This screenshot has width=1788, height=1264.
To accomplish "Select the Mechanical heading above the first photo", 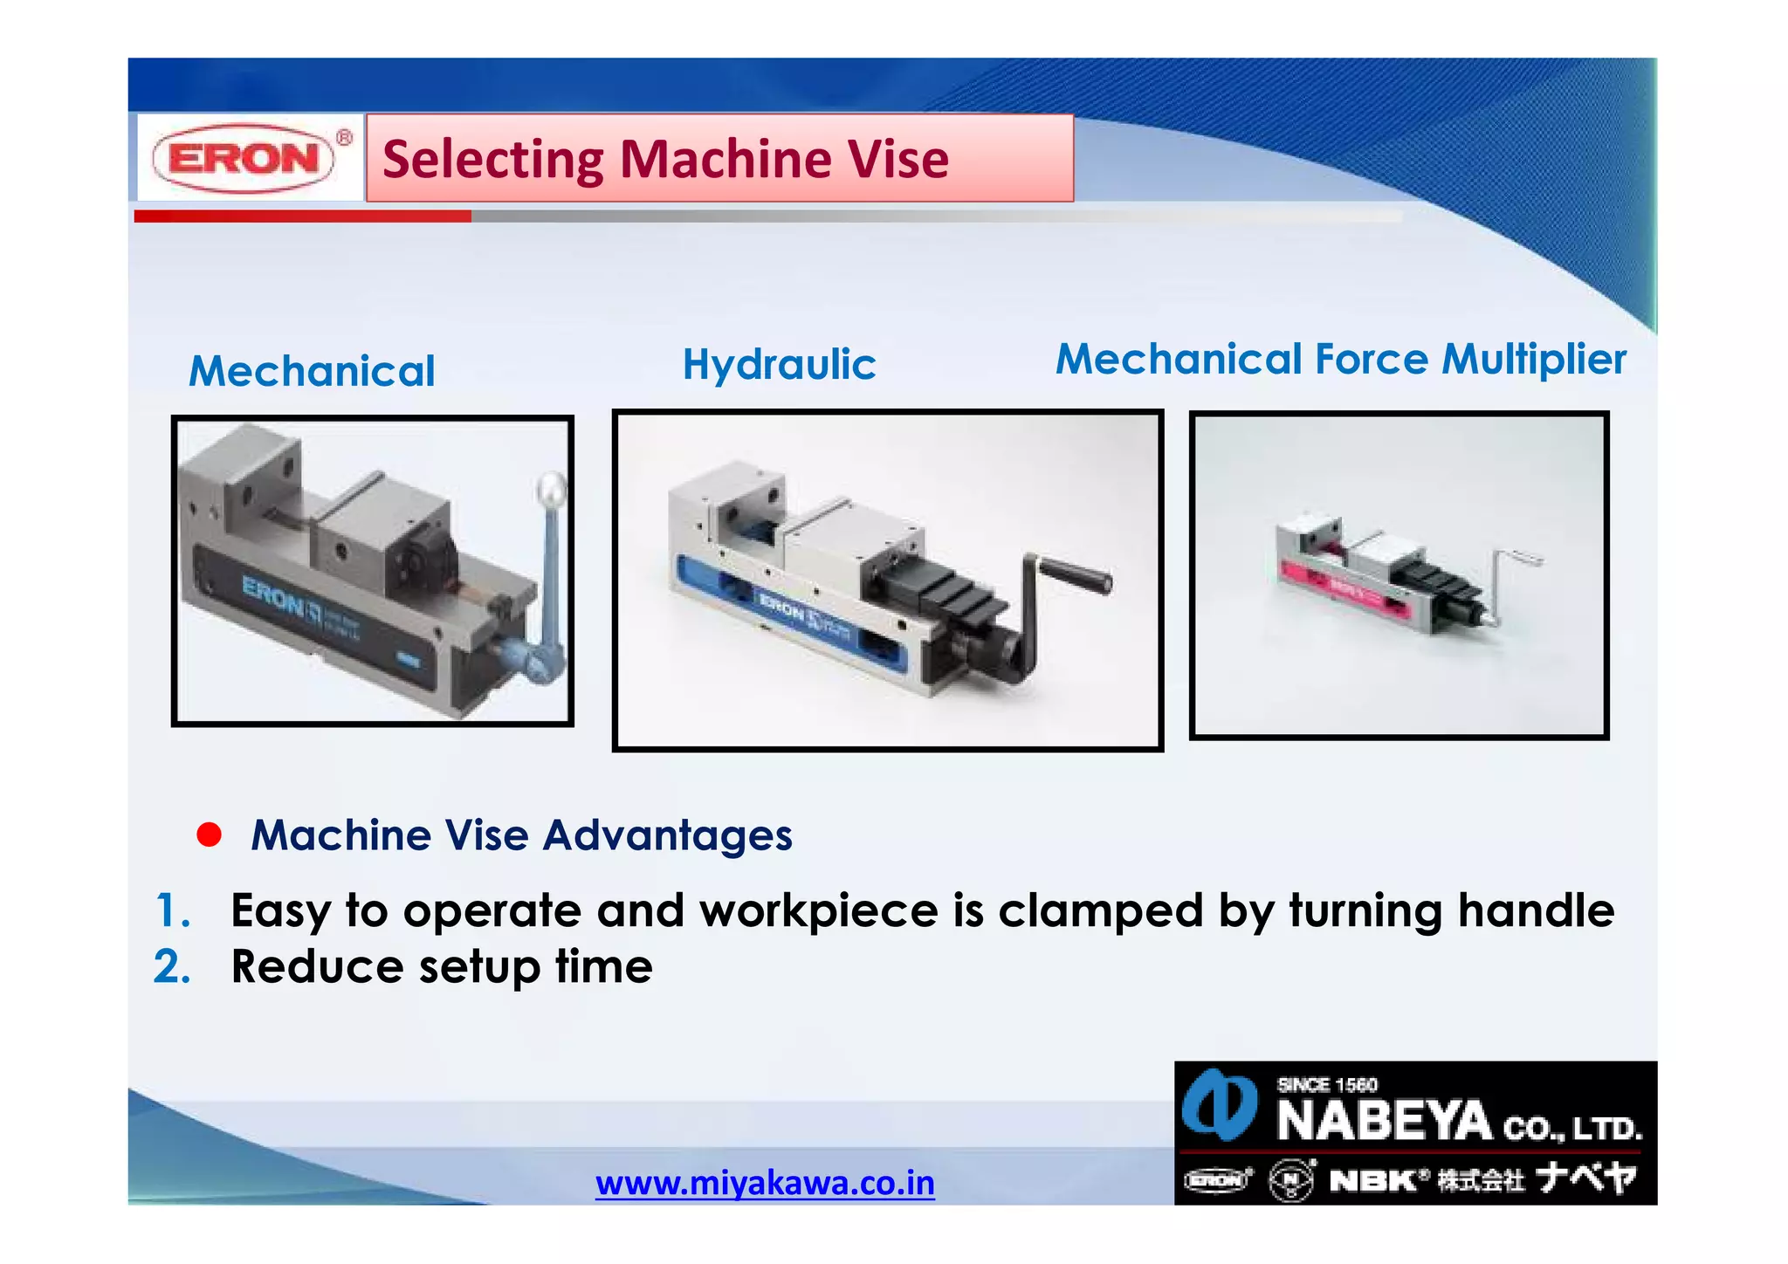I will [312, 371].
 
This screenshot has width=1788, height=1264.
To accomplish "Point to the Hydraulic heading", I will [779, 364].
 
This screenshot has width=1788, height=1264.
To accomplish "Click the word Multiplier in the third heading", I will [1534, 359].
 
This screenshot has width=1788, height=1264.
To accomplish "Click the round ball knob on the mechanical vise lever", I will [552, 488].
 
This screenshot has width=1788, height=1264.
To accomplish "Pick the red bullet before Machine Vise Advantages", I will [210, 835].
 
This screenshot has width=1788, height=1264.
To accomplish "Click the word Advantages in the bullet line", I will [668, 835].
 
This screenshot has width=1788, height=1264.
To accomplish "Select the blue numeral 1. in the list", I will [173, 910].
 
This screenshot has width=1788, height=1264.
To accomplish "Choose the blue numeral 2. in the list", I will [172, 966].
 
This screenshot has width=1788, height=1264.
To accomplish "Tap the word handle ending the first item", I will [1536, 910].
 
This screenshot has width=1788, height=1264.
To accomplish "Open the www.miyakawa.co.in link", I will [765, 1183].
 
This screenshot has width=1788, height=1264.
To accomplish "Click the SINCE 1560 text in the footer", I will [1327, 1085].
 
